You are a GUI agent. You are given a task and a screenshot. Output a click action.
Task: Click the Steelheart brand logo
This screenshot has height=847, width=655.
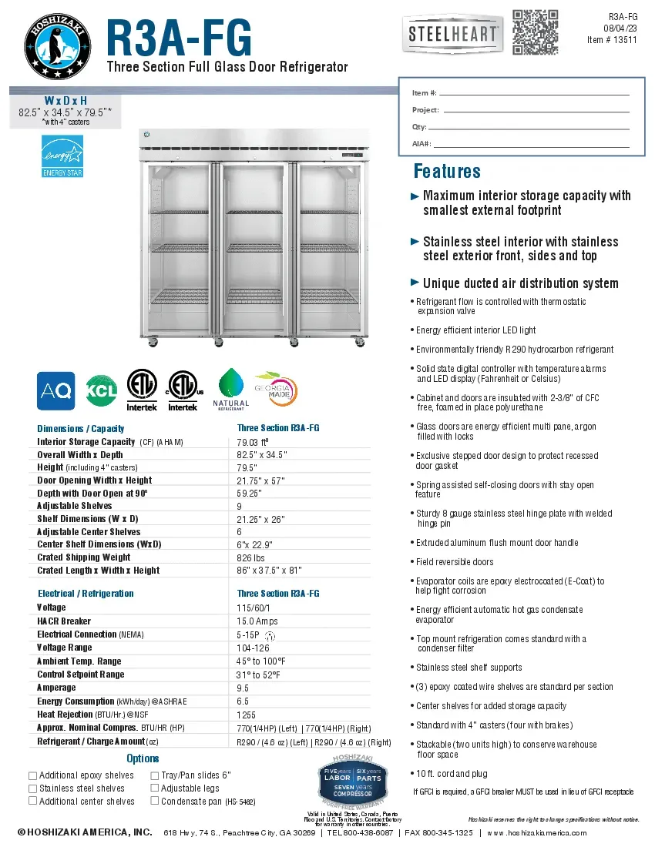[x=452, y=35]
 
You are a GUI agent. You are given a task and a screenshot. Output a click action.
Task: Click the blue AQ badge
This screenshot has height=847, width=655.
[x=56, y=391]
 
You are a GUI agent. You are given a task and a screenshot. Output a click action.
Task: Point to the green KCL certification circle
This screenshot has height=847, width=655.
[x=101, y=391]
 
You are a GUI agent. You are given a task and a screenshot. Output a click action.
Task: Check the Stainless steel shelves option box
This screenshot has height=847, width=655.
[x=32, y=788]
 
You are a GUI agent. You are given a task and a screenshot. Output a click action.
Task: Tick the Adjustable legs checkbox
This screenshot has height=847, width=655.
[x=154, y=788]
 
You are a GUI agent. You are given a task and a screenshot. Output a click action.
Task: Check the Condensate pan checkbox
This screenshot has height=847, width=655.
[x=154, y=802]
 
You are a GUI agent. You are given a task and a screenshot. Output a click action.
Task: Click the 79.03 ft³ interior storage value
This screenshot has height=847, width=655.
[x=253, y=442]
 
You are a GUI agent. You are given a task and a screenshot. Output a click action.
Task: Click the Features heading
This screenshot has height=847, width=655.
[x=447, y=171]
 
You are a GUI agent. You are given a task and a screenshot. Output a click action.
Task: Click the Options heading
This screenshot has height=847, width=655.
[x=143, y=758]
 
